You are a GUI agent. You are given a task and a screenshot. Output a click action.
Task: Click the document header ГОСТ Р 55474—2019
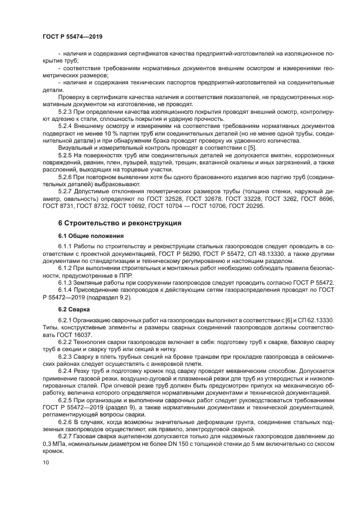[x=72, y=36]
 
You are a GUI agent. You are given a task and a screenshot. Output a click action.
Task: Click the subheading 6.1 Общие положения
[x=90, y=236]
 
